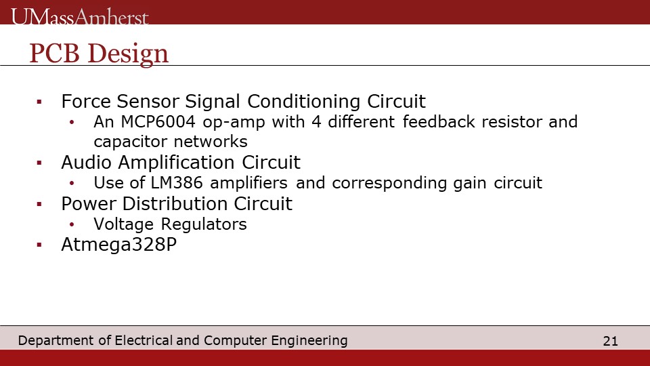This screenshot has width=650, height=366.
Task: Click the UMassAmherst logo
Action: click(80, 17)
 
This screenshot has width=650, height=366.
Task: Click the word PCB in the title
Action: click(54, 53)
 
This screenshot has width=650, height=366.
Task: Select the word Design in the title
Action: click(128, 55)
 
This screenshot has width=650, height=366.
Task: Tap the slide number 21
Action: click(610, 341)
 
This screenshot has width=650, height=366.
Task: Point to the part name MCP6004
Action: click(158, 122)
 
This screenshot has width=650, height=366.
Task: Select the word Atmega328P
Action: click(119, 245)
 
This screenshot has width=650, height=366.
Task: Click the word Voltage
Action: click(123, 225)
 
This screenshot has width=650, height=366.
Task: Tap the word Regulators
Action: click(204, 225)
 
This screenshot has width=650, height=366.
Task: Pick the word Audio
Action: click(86, 162)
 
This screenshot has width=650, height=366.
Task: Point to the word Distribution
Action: click(175, 204)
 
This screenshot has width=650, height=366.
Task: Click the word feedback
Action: click(439, 122)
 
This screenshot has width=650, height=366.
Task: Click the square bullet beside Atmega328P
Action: click(39, 245)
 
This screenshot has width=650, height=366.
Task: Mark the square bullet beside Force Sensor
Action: click(39, 101)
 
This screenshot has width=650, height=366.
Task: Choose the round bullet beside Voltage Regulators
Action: click(72, 224)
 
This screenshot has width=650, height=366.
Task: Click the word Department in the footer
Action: click(56, 341)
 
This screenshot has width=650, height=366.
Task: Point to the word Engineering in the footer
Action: click(309, 341)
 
